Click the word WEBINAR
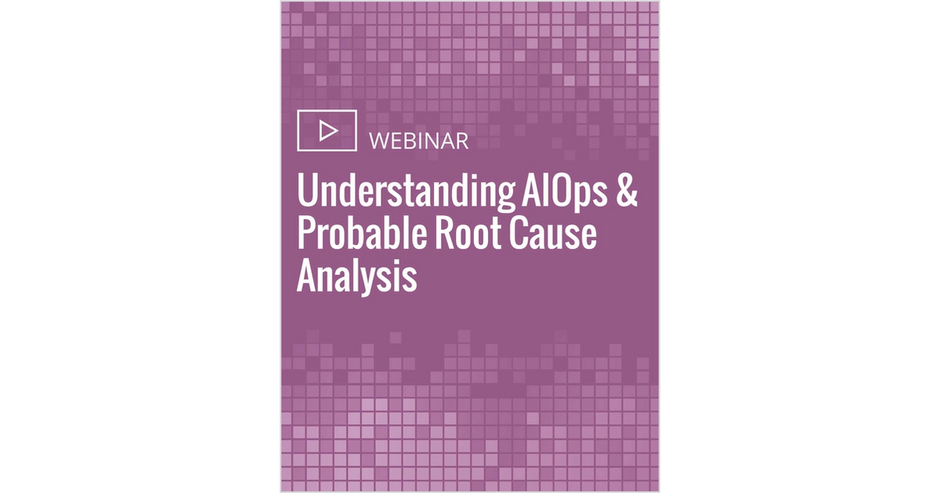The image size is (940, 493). (418, 142)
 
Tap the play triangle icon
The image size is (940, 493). (328, 131)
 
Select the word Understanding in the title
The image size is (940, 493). (406, 193)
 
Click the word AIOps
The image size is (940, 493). (564, 193)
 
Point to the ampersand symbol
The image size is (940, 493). (627, 191)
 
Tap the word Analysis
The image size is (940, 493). (356, 276)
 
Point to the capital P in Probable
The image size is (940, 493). (306, 233)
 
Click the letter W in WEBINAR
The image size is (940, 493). (380, 142)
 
